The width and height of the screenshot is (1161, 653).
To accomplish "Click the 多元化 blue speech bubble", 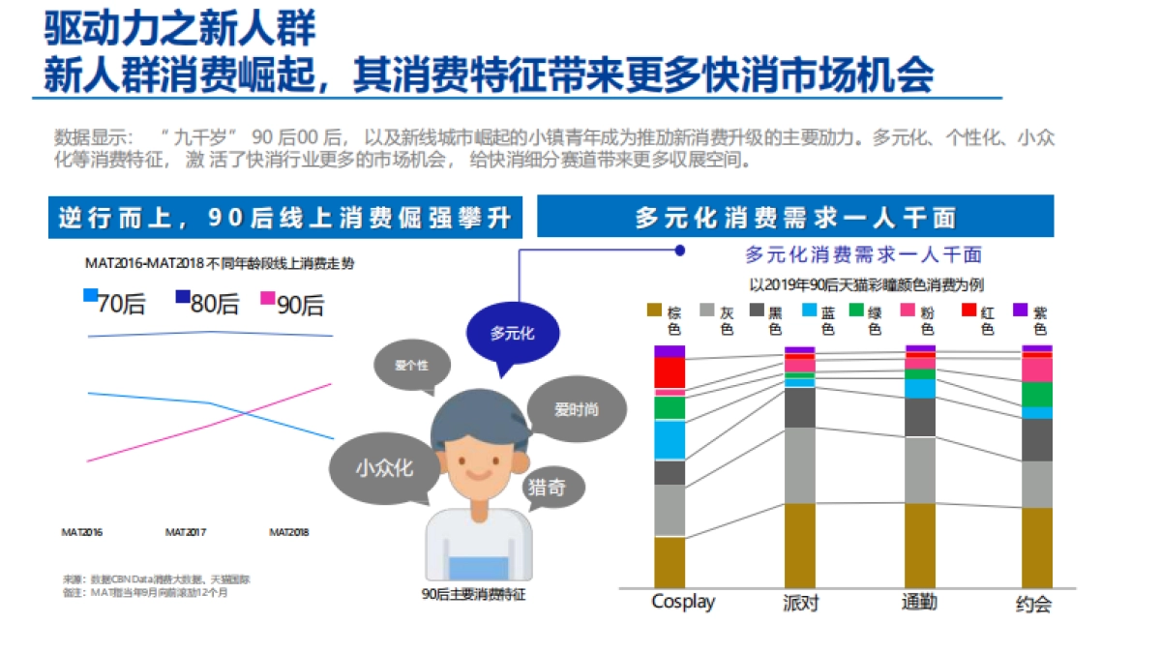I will pyautogui.click(x=512, y=335).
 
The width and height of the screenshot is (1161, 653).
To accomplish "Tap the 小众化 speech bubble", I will pyautogui.click(x=384, y=468).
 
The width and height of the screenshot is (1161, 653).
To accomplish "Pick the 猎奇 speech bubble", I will pyautogui.click(x=546, y=489).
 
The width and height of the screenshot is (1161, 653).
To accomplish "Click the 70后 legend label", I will pyautogui.click(x=121, y=305).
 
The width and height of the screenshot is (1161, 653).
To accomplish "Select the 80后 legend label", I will pyautogui.click(x=214, y=305).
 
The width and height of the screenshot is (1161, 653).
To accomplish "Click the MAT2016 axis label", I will pyautogui.click(x=82, y=532).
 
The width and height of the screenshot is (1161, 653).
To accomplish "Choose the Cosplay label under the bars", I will pyautogui.click(x=683, y=602).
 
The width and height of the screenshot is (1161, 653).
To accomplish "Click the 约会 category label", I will pyautogui.click(x=1033, y=605).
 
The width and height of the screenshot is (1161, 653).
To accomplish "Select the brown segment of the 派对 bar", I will pyautogui.click(x=799, y=545).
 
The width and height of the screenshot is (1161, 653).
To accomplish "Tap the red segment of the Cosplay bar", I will pyautogui.click(x=670, y=372).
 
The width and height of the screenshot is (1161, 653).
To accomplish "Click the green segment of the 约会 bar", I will pyautogui.click(x=1037, y=395).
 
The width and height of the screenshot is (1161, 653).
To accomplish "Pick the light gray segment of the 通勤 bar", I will pyautogui.click(x=919, y=470).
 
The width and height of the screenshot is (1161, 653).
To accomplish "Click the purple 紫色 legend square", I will pyautogui.click(x=1020, y=311).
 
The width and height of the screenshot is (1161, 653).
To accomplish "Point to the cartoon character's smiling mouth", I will pyautogui.click(x=478, y=476).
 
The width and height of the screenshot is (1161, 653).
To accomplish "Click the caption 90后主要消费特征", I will pyautogui.click(x=474, y=594).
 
